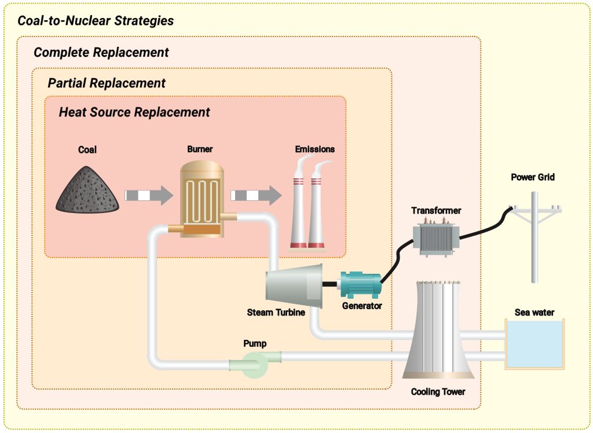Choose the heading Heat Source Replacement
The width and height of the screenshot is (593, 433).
[x=134, y=112]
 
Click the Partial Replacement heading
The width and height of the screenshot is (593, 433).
[x=107, y=83]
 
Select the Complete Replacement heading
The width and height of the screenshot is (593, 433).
[x=101, y=52]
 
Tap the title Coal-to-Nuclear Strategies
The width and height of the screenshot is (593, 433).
[x=96, y=21]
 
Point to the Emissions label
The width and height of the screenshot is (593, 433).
[x=314, y=149]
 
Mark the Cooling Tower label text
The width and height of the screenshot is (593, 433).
[x=438, y=392]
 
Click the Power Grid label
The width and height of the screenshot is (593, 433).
[x=532, y=177]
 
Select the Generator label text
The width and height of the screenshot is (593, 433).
[x=362, y=305]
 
